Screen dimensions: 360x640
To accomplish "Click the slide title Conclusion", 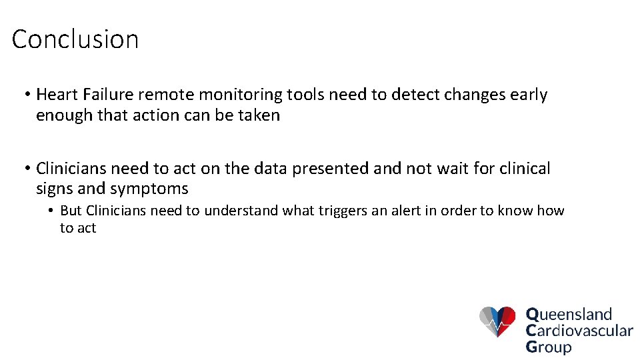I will pos(75,39).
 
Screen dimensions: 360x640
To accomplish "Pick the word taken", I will pos(260,115).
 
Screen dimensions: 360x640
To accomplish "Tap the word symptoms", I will pos(149,189).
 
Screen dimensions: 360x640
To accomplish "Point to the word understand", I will pos(241,211).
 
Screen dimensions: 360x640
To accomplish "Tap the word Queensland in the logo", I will pos(569,314).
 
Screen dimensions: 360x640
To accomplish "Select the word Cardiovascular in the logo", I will pos(579,330).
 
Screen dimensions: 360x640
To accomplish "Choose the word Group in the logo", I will pos(549,347).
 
